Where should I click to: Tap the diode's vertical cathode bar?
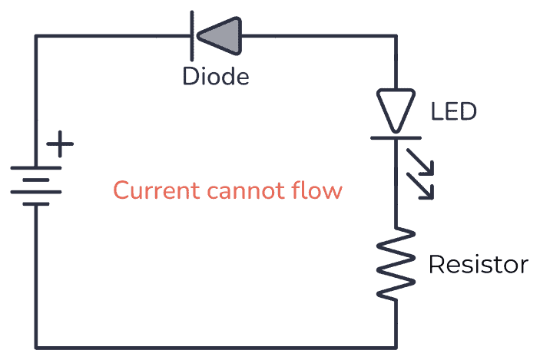pyautogui.click(x=193, y=35)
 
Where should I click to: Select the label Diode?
pyautogui.click(x=215, y=77)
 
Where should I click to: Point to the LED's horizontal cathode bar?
pyautogui.click(x=396, y=137)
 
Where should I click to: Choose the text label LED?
pyautogui.click(x=453, y=112)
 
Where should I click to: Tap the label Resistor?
pyautogui.click(x=478, y=265)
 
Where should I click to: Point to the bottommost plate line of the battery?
pyautogui.click(x=35, y=204)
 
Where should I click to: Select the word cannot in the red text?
pyautogui.click(x=247, y=190)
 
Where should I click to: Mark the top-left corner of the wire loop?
pyautogui.click(x=35, y=35)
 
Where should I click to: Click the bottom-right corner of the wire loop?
pyautogui.click(x=396, y=347)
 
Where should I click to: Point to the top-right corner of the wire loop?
pyautogui.click(x=396, y=35)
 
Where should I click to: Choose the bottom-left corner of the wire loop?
pyautogui.click(x=35, y=347)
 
